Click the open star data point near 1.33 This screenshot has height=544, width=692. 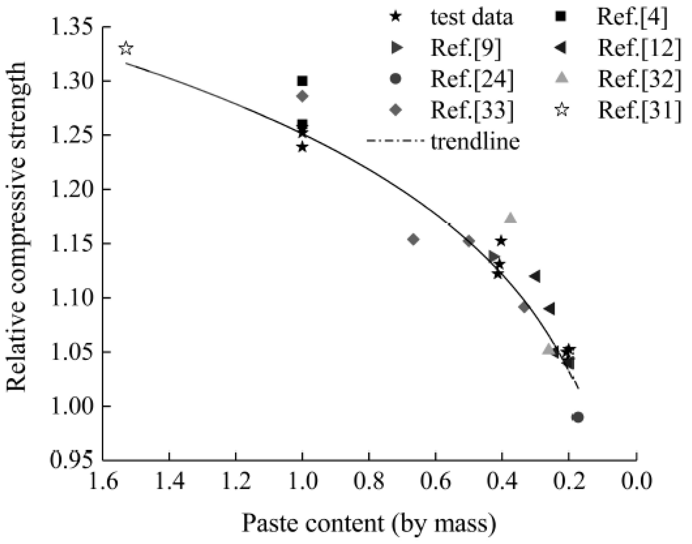tap(126, 48)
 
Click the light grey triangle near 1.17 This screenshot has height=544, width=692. tap(511, 218)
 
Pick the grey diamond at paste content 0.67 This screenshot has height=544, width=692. tap(413, 239)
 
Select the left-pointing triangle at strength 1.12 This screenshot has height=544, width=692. tap(535, 276)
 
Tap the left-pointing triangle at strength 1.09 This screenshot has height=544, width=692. tap(550, 309)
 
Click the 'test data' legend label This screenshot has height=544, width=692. tap(471, 17)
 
